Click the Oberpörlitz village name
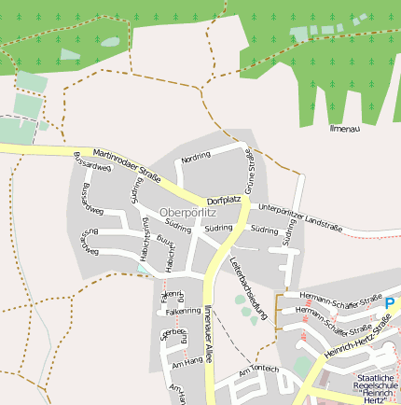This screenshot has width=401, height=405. click(187, 212)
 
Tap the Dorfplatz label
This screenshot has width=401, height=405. click(224, 200)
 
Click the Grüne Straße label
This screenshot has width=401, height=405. click(250, 171)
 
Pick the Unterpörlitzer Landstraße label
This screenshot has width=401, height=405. click(300, 217)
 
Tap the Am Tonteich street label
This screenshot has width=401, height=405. click(258, 370)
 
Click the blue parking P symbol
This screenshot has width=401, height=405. click(390, 303)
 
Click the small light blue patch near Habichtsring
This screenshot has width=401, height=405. click(143, 269)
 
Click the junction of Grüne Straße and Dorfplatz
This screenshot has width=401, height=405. click(244, 203)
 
